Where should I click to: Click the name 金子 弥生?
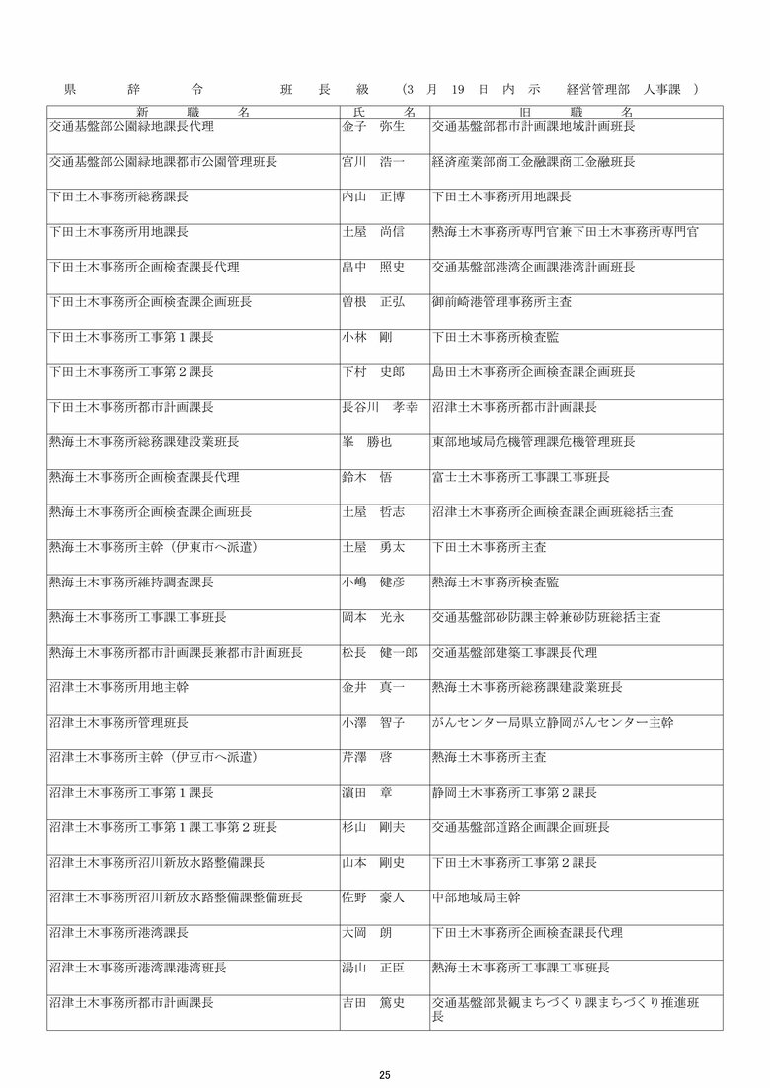366,128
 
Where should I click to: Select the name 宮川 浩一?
366,162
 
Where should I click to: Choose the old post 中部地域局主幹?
476,897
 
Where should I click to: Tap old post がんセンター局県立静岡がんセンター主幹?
552,723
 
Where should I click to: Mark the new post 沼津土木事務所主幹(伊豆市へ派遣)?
153,757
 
